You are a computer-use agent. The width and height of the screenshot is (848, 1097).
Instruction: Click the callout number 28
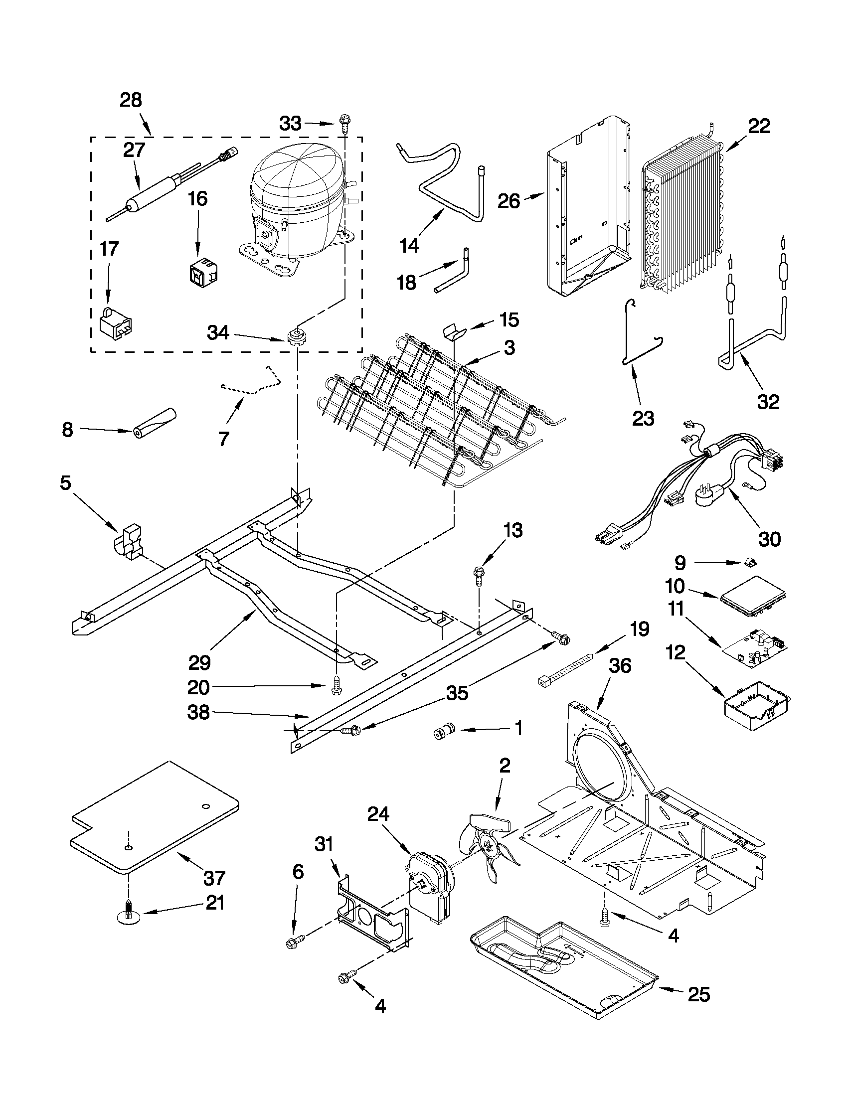pos(131,101)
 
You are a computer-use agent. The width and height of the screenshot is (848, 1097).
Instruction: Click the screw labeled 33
pos(344,122)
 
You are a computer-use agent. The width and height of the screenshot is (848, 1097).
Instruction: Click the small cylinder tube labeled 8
pos(155,423)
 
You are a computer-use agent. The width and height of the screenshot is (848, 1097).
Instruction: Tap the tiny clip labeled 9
pos(751,563)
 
